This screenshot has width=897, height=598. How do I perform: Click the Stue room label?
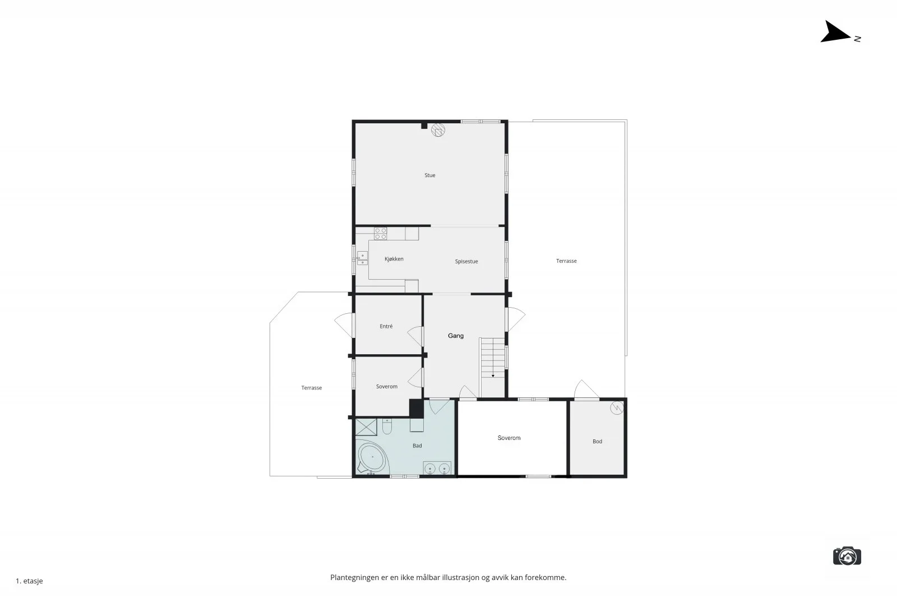click(429, 175)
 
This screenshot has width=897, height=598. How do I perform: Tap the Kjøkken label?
click(394, 259)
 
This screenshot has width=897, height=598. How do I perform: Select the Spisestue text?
click(466, 261)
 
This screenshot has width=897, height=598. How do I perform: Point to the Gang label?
click(456, 336)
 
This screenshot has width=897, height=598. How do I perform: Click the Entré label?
click(386, 326)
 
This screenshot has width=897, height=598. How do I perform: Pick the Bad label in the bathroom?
click(417, 446)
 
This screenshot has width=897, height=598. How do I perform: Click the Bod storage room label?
click(597, 442)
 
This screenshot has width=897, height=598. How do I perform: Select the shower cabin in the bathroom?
click(366, 427)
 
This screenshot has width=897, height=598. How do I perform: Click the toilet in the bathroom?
click(387, 427)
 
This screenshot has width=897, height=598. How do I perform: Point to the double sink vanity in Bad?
click(437, 468)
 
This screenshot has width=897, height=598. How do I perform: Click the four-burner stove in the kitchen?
click(381, 233)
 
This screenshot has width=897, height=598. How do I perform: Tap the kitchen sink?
click(362, 258)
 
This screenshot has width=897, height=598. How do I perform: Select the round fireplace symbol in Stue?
click(438, 130)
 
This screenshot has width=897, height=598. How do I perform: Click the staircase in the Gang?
click(493, 358)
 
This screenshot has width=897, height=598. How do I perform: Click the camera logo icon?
click(847, 556)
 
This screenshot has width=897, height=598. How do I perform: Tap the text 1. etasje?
click(29, 581)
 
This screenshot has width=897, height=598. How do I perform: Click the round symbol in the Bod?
click(617, 408)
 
